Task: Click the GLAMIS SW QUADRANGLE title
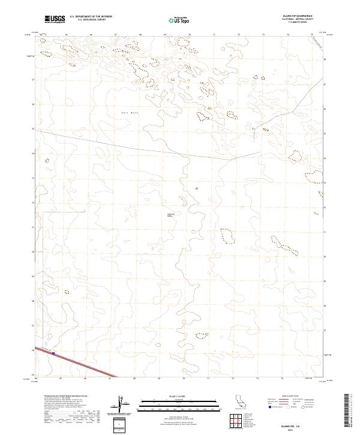[290, 16]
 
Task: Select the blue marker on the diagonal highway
[54, 353]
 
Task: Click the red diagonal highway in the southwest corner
[84, 364]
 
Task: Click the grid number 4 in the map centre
[196, 188]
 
